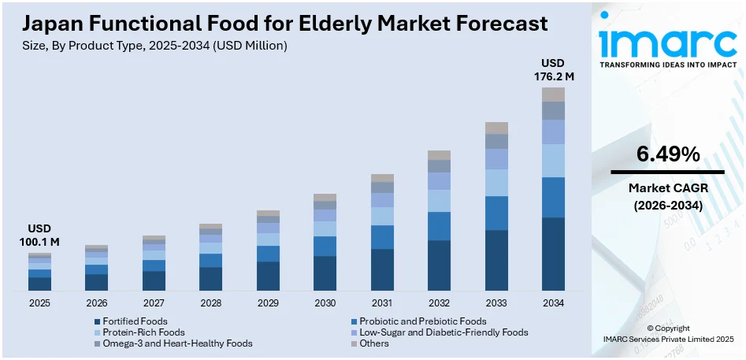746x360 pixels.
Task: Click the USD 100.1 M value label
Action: pos(39,236)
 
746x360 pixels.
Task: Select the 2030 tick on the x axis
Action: pos(325,303)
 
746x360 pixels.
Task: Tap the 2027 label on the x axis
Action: pos(154,303)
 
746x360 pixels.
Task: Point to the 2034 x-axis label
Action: pos(553,303)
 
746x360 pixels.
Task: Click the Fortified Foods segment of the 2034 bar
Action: pos(553,254)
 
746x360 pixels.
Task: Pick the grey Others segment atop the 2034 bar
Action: pos(553,95)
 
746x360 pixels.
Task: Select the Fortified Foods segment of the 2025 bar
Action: pos(39,284)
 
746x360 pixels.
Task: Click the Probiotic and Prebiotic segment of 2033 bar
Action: pos(496,213)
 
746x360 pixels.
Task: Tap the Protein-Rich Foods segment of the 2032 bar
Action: pos(439,201)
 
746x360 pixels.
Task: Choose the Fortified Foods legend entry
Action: pos(135,321)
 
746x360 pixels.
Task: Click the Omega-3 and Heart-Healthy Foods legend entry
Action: pos(173,343)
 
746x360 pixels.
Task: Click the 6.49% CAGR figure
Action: pos(667,155)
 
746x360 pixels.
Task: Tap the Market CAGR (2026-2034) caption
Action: pos(667,197)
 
